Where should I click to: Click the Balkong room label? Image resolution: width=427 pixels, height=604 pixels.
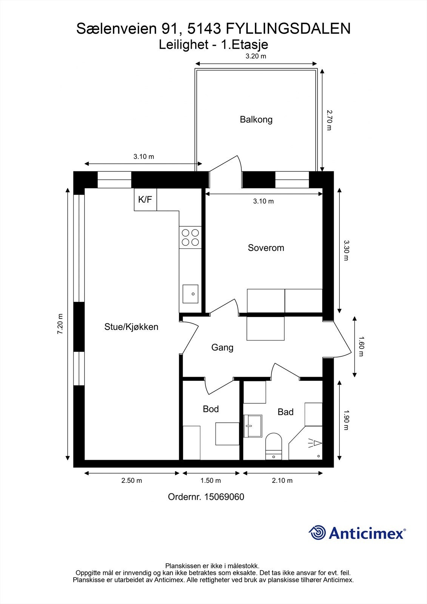coord(256,120)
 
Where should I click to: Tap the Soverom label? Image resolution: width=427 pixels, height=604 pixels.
coord(266,248)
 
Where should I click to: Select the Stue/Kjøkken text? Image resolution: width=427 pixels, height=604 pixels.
coord(131,327)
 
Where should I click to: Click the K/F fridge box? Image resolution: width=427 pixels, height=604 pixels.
coord(145,200)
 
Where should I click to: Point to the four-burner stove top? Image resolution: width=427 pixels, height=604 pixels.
coord(190,237)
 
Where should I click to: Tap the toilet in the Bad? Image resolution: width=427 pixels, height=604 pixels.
coord(274,445)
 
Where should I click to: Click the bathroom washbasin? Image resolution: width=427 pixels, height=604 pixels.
coord(253,426)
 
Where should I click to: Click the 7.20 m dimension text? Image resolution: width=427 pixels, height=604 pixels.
coord(60,324)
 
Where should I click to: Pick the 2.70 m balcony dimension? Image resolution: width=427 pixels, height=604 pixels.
coord(329,120)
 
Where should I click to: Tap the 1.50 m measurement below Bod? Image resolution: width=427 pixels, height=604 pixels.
coord(210,481)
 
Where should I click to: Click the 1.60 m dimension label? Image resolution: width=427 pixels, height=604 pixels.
coord(361,346)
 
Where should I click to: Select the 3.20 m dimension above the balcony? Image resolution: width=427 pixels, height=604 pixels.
coord(256,57)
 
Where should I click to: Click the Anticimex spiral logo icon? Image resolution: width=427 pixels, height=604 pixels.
coord(317,533)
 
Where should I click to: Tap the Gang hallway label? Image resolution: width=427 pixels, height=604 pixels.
coord(222,347)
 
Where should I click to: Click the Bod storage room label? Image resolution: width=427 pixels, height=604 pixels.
coord(211,409)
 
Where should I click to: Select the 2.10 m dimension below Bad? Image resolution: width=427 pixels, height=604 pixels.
coord(282,481)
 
